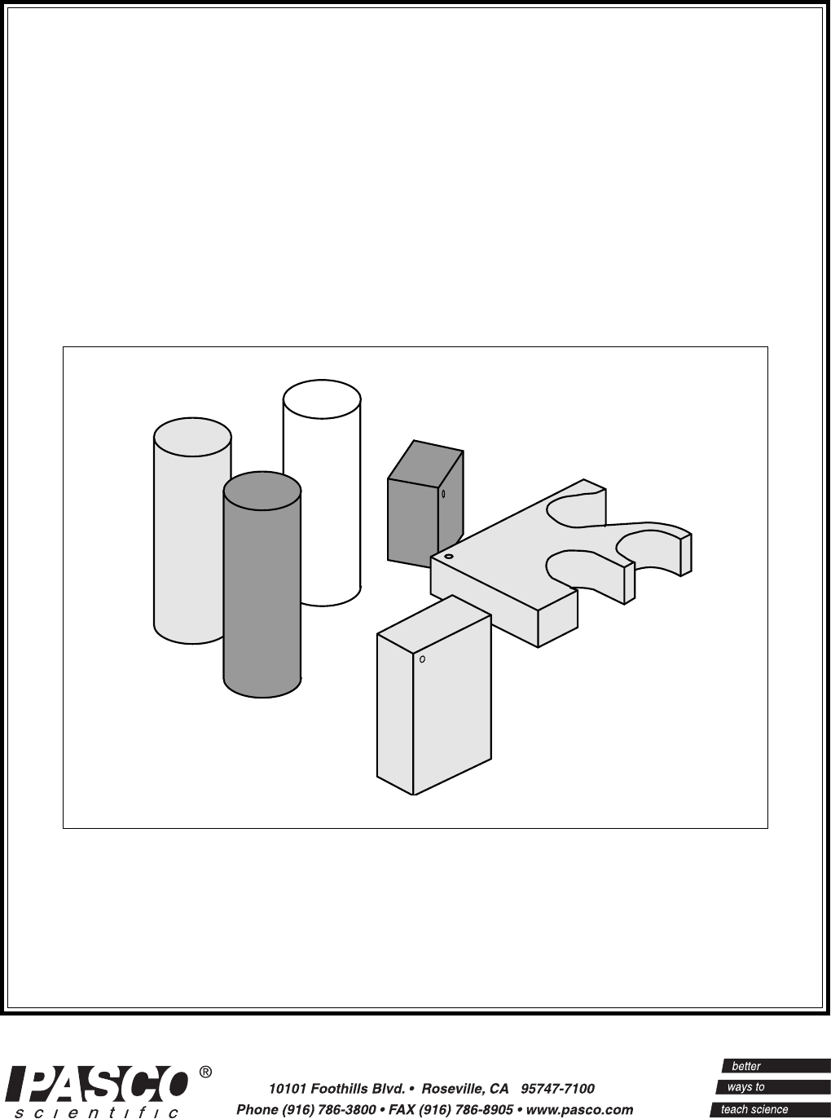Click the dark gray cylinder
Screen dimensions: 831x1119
pos(262,585)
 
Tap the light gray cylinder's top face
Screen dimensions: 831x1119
pos(192,438)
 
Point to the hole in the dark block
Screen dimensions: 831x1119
pos(443,493)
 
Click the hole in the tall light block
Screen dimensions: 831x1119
pos(422,659)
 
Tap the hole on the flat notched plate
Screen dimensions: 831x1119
pos(449,557)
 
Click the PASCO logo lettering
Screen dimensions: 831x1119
pos(99,1081)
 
